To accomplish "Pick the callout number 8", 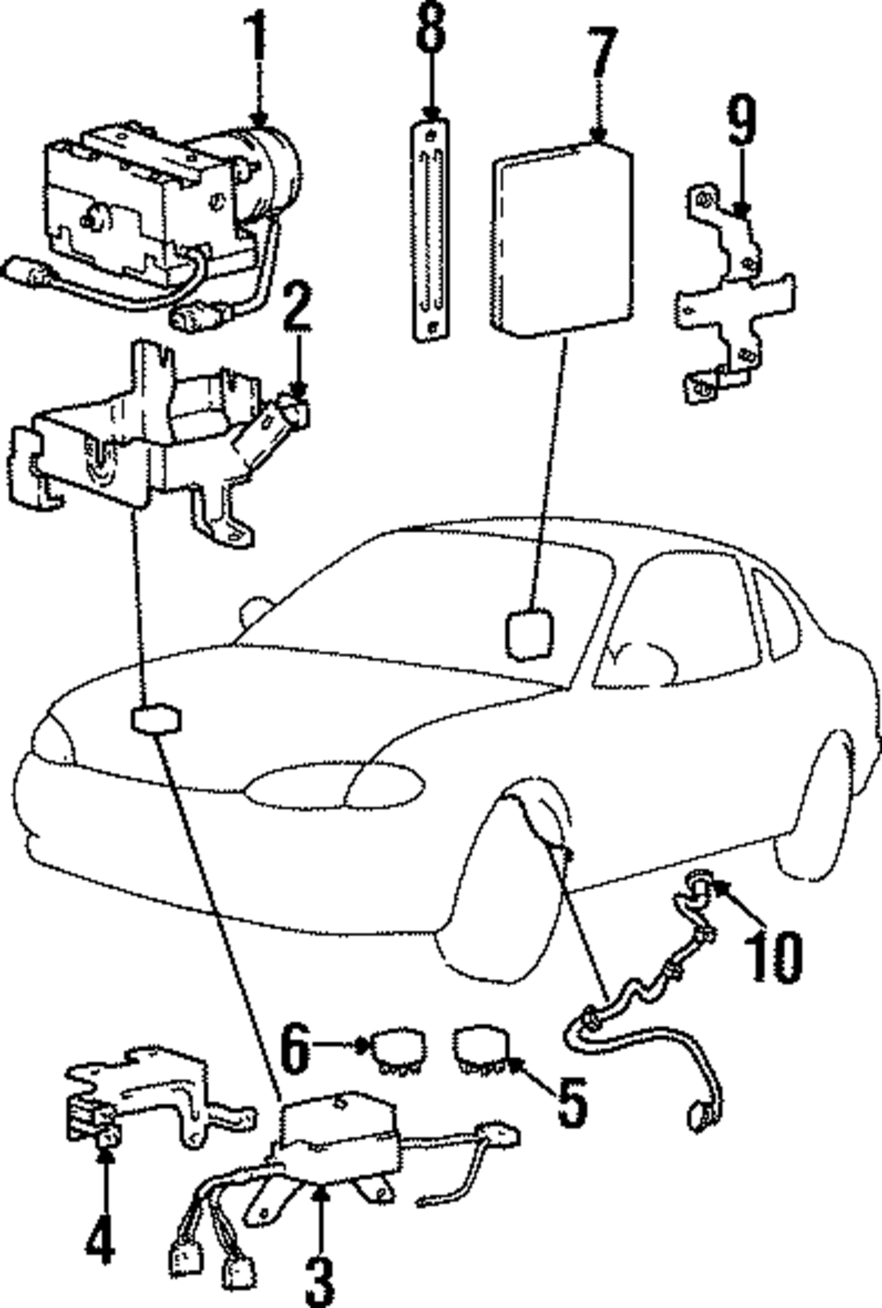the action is click(x=431, y=26).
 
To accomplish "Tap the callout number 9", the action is click(x=742, y=120).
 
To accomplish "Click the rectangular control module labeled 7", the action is click(x=562, y=239).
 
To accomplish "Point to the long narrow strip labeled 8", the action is click(x=431, y=229).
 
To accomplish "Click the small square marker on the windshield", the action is click(x=529, y=635).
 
